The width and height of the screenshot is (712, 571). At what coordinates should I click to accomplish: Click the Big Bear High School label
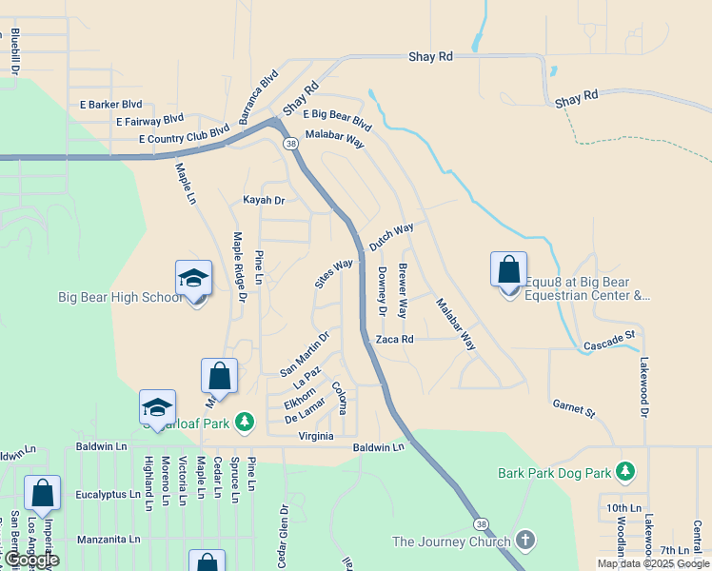[x=118, y=297]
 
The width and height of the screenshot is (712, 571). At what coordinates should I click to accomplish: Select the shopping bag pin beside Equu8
[x=508, y=270]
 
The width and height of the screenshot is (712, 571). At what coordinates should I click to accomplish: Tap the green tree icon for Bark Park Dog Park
[x=624, y=471]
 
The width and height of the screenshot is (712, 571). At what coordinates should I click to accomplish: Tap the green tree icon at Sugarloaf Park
[x=245, y=421]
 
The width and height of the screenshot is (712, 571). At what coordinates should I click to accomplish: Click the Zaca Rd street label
[x=394, y=339]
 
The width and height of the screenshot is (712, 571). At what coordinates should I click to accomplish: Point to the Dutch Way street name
[x=391, y=237]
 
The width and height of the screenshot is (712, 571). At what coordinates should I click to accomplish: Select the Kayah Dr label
[x=264, y=201]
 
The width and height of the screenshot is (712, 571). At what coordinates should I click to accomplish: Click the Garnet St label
[x=573, y=409]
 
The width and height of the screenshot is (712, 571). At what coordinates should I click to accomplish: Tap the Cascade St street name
[x=608, y=340]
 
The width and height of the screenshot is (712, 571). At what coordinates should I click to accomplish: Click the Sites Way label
[x=333, y=273]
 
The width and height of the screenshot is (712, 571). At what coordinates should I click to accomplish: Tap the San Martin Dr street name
[x=304, y=353]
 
